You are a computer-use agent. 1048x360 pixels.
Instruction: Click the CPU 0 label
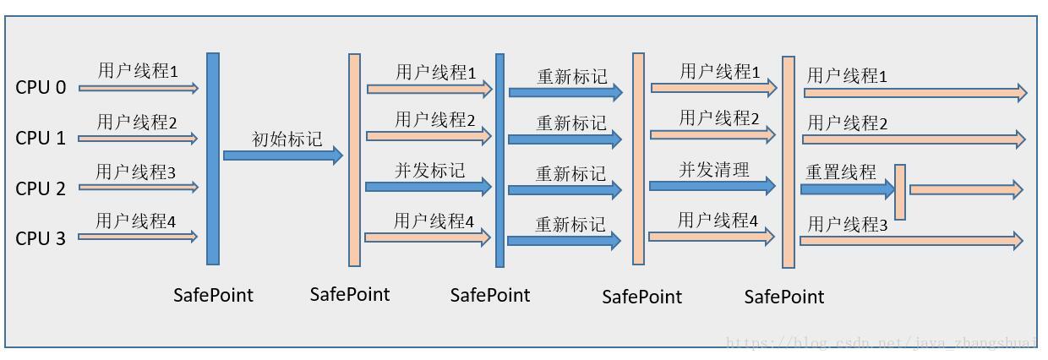click(x=41, y=87)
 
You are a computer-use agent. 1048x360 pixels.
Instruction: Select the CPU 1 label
click(x=41, y=138)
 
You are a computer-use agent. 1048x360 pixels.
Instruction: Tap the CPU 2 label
click(x=41, y=188)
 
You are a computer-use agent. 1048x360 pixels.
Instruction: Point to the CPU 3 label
click(x=41, y=238)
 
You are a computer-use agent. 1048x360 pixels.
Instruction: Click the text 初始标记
click(x=287, y=139)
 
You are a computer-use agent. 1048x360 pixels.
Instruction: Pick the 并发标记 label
click(x=429, y=170)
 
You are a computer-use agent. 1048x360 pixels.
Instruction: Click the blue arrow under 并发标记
click(x=428, y=187)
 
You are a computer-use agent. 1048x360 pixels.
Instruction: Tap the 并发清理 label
click(x=714, y=170)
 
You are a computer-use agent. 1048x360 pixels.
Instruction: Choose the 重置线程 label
click(x=841, y=172)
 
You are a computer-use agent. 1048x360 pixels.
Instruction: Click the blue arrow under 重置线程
click(x=846, y=189)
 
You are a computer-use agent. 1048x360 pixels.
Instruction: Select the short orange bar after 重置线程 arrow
click(x=900, y=192)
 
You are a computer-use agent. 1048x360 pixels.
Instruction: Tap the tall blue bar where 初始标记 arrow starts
click(x=213, y=148)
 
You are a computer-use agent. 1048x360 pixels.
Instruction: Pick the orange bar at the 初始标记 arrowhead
click(x=354, y=160)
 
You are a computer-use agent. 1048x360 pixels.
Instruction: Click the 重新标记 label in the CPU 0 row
click(x=571, y=76)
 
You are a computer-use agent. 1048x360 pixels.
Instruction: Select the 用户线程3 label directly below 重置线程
click(x=847, y=225)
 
